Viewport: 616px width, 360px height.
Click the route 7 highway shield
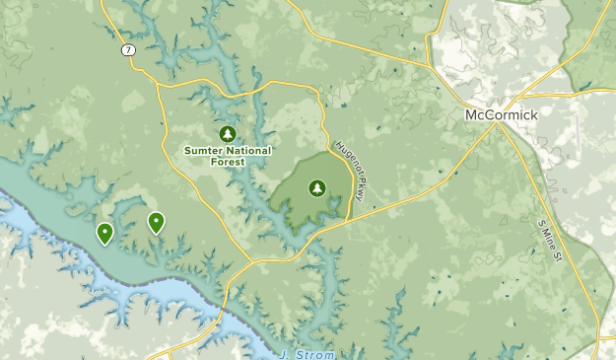coord(128,49)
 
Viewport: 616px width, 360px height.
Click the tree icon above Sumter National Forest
coord(227,133)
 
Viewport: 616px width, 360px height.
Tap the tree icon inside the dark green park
coord(317,186)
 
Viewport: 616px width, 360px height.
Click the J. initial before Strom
coord(285,354)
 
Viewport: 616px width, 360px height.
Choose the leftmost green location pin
coord(104,233)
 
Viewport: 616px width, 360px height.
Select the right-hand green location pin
coord(156,223)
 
